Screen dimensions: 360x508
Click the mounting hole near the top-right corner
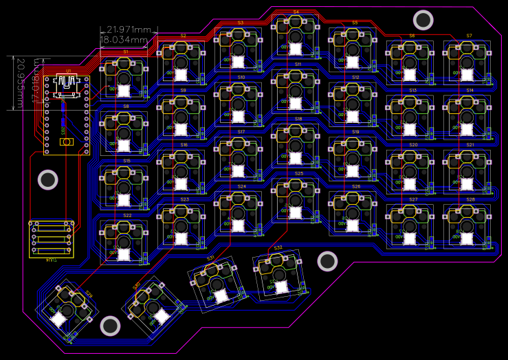(423, 21)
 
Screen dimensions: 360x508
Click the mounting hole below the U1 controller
(47, 180)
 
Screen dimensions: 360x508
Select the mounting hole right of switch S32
(327, 261)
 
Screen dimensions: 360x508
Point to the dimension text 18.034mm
(124, 40)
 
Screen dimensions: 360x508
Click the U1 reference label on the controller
(68, 71)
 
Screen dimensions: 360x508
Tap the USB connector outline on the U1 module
(67, 81)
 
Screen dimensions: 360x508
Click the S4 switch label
(296, 12)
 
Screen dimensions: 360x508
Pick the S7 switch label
(469, 35)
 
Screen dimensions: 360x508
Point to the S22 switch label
(127, 215)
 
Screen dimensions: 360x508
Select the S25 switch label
(299, 174)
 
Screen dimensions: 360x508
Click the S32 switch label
(278, 247)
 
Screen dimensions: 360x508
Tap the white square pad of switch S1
(124, 90)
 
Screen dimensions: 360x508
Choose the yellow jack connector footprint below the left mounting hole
(51, 238)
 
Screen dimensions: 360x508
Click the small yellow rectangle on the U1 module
(67, 142)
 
